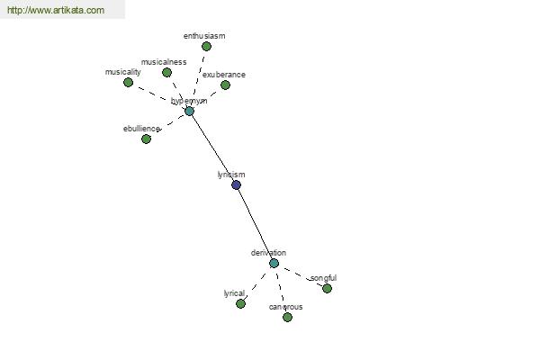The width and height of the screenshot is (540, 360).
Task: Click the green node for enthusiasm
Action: [x=206, y=46]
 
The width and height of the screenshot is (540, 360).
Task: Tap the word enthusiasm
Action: [x=204, y=36]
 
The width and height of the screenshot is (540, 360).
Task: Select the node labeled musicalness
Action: [x=166, y=72]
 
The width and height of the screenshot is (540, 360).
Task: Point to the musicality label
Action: [x=123, y=71]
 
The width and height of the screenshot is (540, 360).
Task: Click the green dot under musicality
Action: [x=128, y=82]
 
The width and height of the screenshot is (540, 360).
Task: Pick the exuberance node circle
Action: [x=225, y=85]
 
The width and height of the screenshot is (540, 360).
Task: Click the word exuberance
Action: [x=223, y=75]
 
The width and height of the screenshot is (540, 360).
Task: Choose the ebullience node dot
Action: [x=146, y=139]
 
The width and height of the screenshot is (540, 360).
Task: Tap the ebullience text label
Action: [x=141, y=129]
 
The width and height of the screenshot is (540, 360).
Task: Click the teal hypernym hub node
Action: [x=189, y=111]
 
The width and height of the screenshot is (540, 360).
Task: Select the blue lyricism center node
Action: [x=236, y=184]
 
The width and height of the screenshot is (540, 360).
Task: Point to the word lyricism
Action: [x=231, y=175]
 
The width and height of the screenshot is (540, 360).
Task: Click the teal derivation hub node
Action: [x=274, y=263]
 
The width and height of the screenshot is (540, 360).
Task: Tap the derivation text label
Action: [x=268, y=253]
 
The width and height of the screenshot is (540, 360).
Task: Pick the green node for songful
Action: [x=327, y=288]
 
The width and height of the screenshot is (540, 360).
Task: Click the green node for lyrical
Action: [x=240, y=303]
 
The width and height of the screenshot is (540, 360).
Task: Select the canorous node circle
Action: [x=287, y=317]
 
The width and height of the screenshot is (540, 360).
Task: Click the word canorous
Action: [x=285, y=307]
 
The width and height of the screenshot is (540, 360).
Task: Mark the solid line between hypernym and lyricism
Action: [x=212, y=148]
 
